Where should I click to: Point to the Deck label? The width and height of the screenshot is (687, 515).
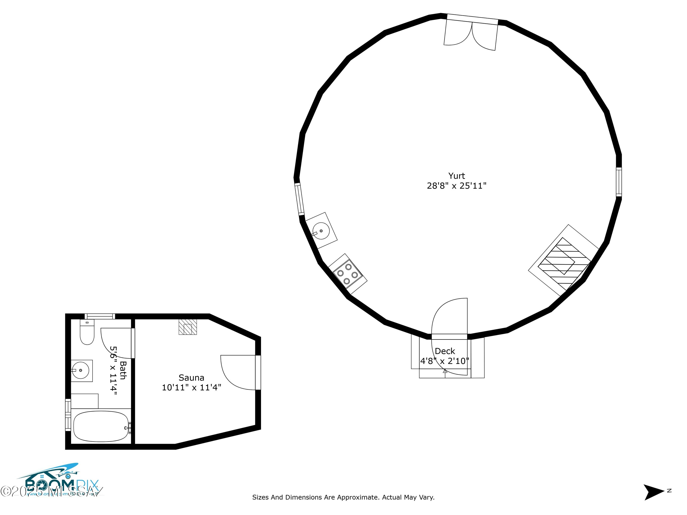[x=445, y=351]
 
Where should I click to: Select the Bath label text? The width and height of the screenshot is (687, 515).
[x=123, y=370]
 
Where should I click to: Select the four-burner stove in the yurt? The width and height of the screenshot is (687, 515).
[x=347, y=274]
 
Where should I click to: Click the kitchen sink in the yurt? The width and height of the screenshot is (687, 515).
[x=321, y=231]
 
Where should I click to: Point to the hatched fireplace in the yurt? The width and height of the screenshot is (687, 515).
[x=564, y=260]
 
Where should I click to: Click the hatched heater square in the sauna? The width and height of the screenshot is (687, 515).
[x=188, y=327]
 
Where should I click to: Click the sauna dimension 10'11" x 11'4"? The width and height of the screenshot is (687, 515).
[x=191, y=388]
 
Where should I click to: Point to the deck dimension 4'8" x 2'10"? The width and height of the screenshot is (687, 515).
[x=445, y=361]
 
